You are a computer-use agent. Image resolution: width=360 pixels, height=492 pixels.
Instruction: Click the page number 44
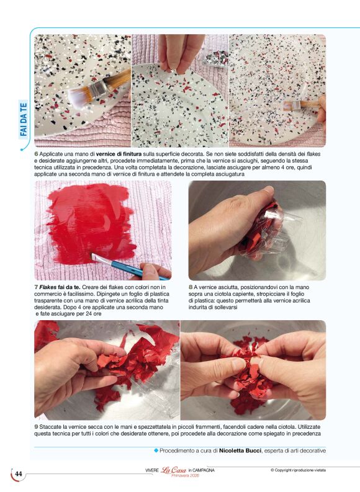pyautogui.click(x=19, y=473)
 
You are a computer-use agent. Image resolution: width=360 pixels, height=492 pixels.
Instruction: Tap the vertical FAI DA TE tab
pyautogui.click(x=24, y=120)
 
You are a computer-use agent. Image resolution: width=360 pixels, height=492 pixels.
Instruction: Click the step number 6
pyautogui.click(x=36, y=154)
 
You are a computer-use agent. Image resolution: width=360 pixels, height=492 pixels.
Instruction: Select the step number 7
pyautogui.click(x=36, y=287)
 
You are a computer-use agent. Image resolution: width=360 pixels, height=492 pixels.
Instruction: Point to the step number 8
pyautogui.click(x=191, y=287)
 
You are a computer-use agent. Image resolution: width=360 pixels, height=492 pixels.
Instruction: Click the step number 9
pyautogui.click(x=36, y=427)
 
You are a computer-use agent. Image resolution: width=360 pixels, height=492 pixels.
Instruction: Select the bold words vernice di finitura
pyautogui.click(x=119, y=154)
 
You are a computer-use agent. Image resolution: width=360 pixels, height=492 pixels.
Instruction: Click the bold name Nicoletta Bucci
pyautogui.click(x=240, y=450)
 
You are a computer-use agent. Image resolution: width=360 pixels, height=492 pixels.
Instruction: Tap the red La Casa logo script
pyautogui.click(x=174, y=470)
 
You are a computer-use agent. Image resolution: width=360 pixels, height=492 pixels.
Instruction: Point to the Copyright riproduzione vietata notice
pyautogui.click(x=298, y=470)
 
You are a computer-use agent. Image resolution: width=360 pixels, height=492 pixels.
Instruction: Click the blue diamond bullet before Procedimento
pyautogui.click(x=156, y=450)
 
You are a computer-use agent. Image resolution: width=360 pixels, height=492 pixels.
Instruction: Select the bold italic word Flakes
pyautogui.click(x=48, y=287)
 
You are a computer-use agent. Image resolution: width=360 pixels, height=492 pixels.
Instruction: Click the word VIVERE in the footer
pyautogui.click(x=152, y=470)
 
